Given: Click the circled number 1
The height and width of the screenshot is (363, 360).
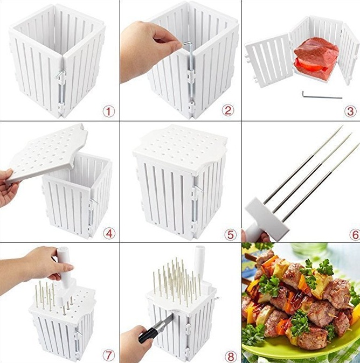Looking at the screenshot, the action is click(109, 111).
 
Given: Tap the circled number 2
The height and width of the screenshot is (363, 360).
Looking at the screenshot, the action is click(228, 110).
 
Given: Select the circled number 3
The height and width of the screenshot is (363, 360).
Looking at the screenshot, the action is click(350, 111).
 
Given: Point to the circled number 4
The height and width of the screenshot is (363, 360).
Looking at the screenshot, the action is click(109, 234).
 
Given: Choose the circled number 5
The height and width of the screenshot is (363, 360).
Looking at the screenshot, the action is click(231, 234).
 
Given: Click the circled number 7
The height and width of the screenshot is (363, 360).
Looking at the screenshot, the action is click(109, 355).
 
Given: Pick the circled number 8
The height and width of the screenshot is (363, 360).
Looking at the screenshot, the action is click(231, 356).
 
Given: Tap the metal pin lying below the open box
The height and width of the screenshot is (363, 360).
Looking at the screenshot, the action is click(322, 95).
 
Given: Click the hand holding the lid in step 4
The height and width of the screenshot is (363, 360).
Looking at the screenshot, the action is click(8, 187).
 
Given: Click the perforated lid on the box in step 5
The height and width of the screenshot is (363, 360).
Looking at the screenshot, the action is click(180, 148).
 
